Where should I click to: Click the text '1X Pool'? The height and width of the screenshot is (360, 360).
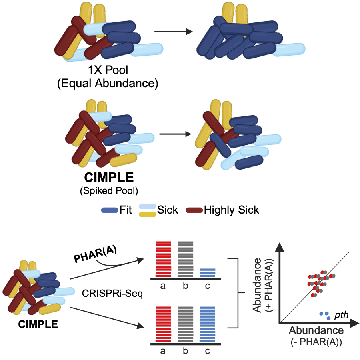[108, 70]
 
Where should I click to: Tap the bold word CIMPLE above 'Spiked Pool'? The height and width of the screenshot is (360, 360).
[108, 178]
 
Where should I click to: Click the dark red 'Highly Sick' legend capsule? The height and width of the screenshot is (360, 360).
[195, 210]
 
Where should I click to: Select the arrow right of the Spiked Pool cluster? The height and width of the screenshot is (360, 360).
[175, 134]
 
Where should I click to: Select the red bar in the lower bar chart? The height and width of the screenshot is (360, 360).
[164, 324]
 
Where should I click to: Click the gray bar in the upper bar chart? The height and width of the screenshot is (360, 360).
[185, 259]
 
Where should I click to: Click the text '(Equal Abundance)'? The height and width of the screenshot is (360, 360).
[108, 84]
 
